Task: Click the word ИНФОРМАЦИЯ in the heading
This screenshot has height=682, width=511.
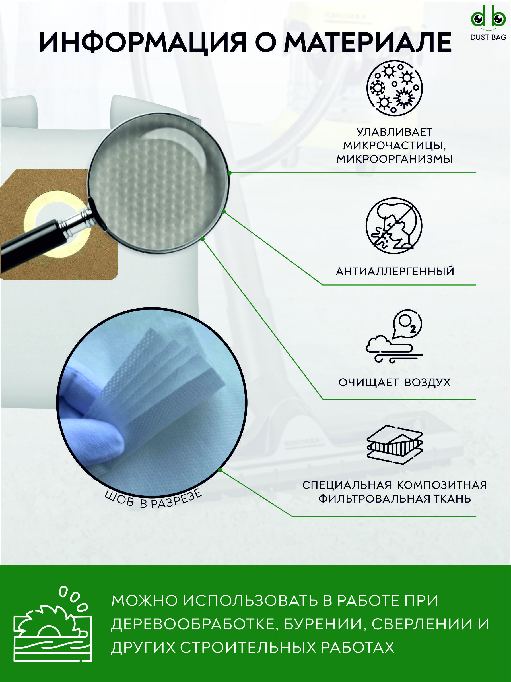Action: tap(143, 42)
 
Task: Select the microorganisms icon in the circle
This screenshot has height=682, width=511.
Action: tap(394, 88)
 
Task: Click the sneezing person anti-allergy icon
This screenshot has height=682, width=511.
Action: tap(394, 226)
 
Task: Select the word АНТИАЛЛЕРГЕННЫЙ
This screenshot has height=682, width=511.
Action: tap(395, 271)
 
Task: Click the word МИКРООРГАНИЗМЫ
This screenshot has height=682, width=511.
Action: tap(394, 159)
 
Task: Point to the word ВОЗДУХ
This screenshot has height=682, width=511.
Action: tap(427, 383)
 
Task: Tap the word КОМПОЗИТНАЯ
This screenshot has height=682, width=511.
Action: tap(442, 485)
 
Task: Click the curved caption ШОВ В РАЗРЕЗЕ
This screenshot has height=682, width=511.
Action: tap(153, 499)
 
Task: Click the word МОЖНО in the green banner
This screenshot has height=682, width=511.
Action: tap(145, 601)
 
